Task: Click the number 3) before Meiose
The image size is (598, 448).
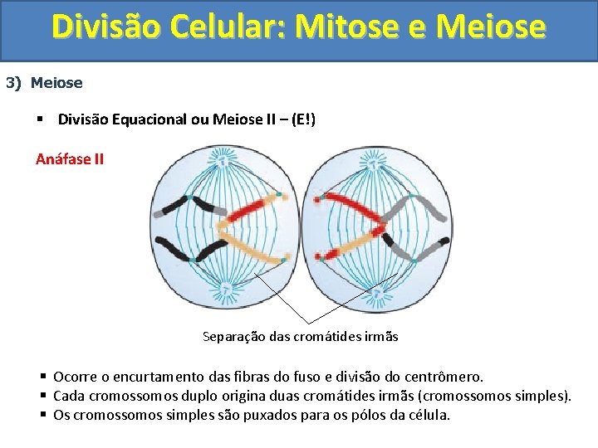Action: tap(14, 83)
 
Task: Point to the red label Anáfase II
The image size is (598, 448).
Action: tap(70, 158)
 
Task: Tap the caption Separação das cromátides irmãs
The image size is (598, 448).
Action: tap(300, 337)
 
